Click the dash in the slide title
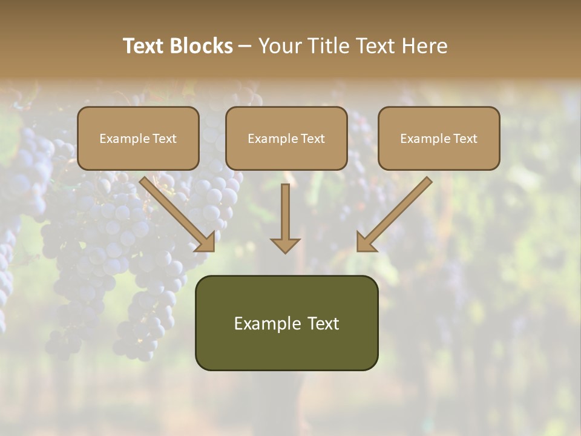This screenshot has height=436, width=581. (245, 46)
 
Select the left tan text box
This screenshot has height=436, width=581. (138, 139)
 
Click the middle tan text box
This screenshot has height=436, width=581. (286, 139)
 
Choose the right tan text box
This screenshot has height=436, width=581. (439, 139)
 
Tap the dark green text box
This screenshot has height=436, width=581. (286, 323)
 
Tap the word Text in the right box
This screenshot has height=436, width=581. (465, 139)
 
